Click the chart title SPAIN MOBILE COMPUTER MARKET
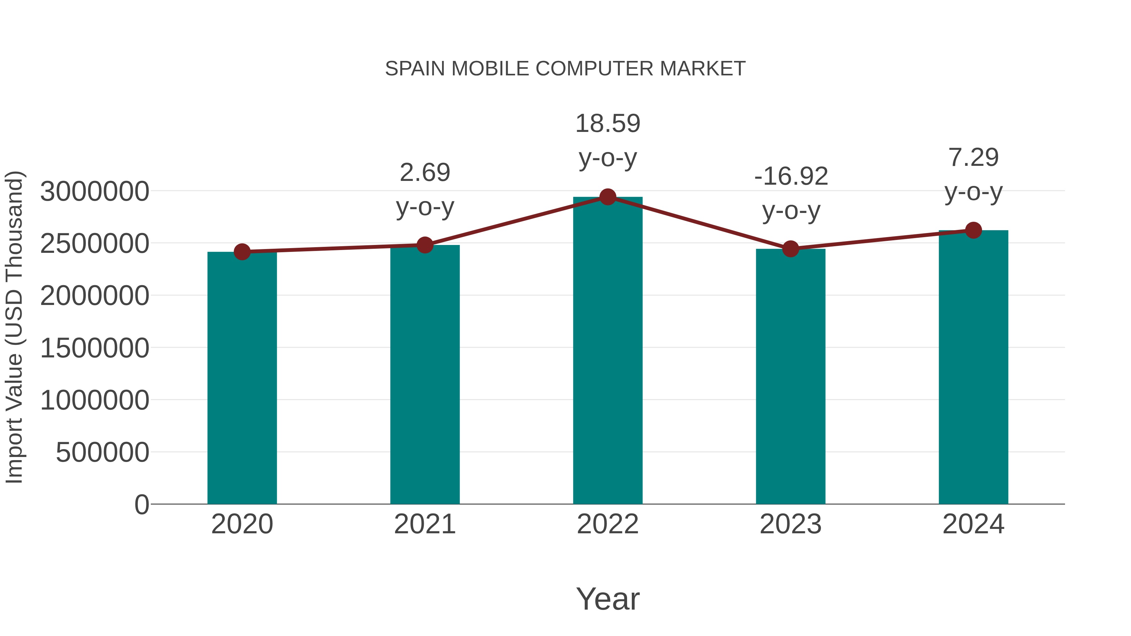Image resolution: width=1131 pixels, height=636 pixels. [565, 69]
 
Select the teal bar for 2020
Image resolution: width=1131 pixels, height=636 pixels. [242, 378]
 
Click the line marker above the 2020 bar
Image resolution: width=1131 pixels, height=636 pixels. [242, 252]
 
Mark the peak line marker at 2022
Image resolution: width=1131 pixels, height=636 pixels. [608, 197]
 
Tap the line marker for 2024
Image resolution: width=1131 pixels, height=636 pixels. [973, 230]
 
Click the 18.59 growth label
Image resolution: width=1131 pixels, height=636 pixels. [608, 124]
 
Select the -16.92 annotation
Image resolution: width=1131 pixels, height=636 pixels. [791, 177]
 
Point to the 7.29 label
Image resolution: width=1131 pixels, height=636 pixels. [973, 158]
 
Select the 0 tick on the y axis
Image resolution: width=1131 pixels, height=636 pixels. [142, 504]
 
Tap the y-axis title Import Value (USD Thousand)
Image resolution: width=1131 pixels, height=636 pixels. [14, 327]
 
